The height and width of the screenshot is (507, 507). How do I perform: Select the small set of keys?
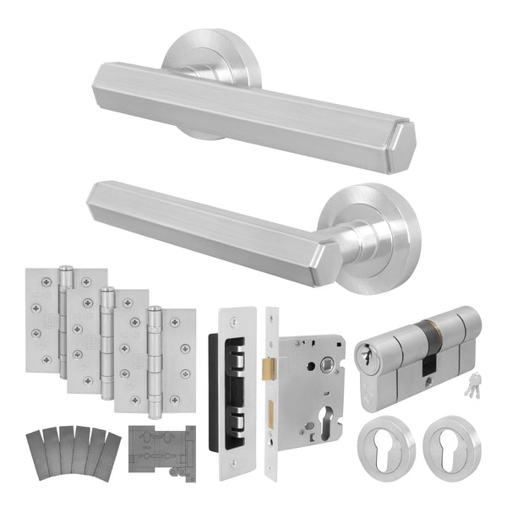click(467, 385)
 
